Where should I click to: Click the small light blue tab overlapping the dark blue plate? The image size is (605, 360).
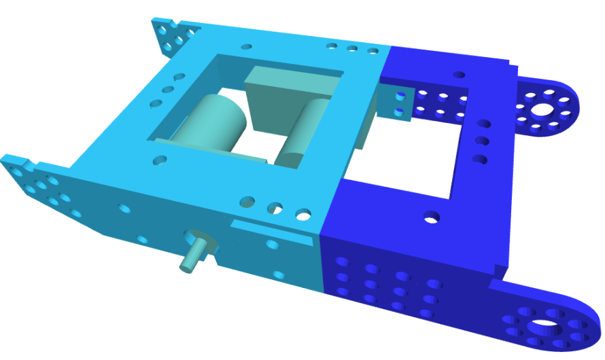click(x=398, y=103)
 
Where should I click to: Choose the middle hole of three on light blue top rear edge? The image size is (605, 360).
click(x=352, y=49)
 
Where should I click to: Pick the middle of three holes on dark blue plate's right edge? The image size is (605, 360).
click(x=483, y=141)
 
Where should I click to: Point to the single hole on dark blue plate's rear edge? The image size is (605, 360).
click(x=460, y=75)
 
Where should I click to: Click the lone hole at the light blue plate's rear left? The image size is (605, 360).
click(x=246, y=47)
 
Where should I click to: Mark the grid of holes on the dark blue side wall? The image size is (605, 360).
click(x=387, y=285)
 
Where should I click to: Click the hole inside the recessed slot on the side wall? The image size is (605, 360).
click(x=273, y=243)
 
